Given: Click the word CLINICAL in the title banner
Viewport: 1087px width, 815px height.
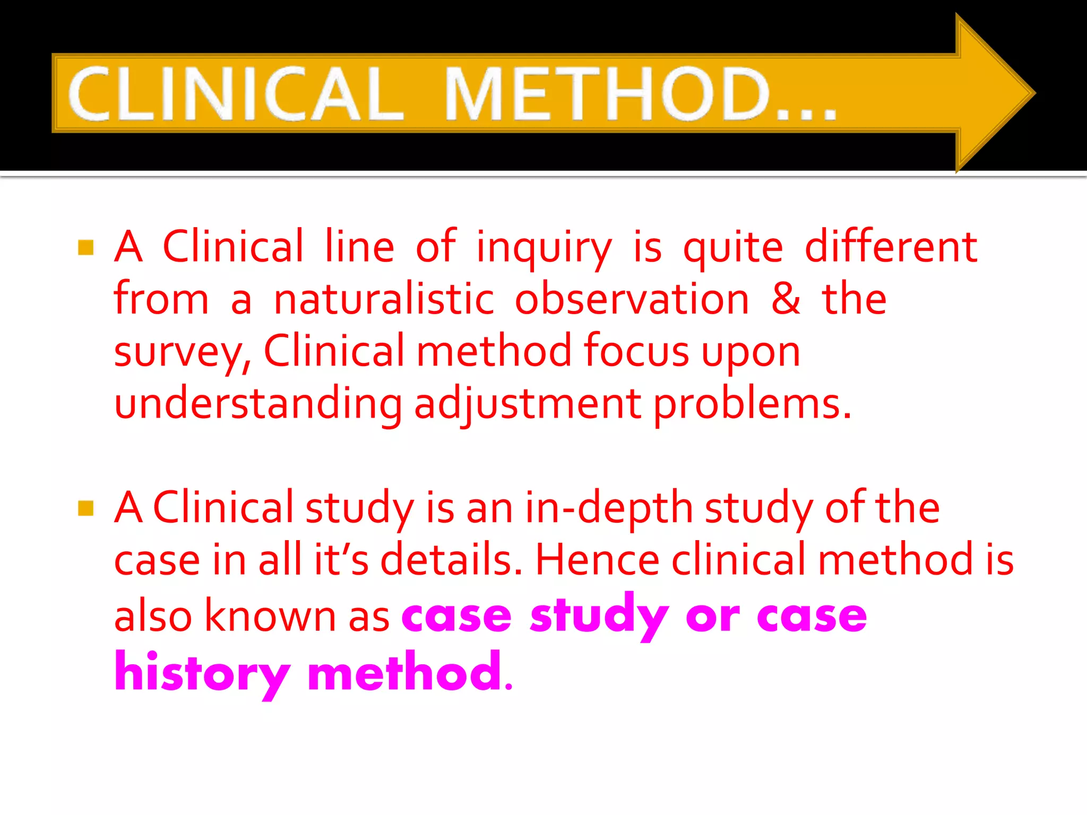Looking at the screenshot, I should click(x=236, y=94).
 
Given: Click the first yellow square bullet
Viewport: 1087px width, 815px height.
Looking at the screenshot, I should click(x=85, y=247).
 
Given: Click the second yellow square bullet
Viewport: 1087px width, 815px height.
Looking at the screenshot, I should click(x=85, y=508).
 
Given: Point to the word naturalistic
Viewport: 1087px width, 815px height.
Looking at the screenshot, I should click(x=384, y=299).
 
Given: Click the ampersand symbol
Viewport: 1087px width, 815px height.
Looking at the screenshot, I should click(x=786, y=299).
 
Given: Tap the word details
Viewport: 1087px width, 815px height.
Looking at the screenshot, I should click(x=451, y=560).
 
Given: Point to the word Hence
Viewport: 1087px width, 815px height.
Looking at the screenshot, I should click(x=597, y=560).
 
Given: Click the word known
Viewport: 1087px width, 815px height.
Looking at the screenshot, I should click(x=270, y=616).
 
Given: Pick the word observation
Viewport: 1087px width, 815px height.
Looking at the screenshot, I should click(x=632, y=299).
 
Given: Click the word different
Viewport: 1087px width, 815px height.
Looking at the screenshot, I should click(x=891, y=247).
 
